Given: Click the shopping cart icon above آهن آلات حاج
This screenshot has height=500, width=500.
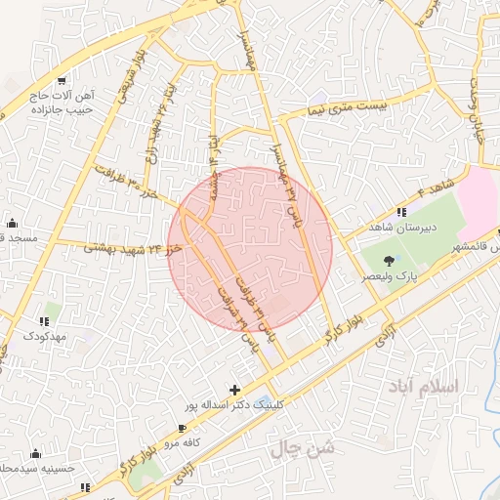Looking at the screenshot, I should click(62, 80).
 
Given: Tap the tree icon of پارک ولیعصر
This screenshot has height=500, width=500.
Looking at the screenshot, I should click(390, 261).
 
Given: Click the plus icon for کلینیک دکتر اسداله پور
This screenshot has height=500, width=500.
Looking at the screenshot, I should click(234, 389).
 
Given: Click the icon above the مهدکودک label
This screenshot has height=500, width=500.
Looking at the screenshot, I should click(44, 320).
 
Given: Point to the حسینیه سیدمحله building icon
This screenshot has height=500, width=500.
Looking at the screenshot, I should click(36, 453).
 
